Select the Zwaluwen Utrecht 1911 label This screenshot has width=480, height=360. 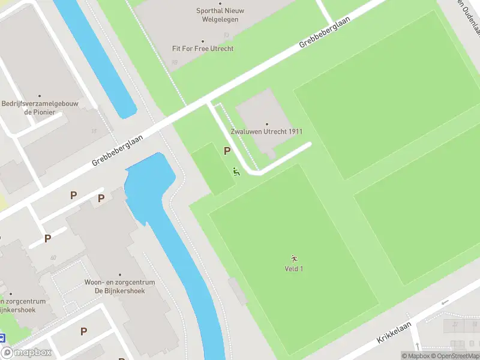(266, 131)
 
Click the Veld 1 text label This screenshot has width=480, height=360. (293, 269)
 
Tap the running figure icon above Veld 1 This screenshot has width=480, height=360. (293, 259)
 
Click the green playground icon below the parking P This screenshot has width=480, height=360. (236, 172)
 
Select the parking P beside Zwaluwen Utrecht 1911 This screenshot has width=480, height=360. (227, 151)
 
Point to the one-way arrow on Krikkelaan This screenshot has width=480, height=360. (445, 302)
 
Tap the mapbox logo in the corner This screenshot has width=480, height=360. (26, 353)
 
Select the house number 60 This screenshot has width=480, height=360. (53, 258)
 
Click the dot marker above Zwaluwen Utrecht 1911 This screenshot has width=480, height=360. (266, 124)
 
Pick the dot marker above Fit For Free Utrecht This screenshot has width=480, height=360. (202, 41)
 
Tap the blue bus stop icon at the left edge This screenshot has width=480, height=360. (2, 338)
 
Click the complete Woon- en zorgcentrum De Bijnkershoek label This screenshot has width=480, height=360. (119, 286)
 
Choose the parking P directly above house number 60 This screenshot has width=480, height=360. (47, 238)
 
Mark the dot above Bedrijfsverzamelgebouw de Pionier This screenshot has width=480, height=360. (40, 96)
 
